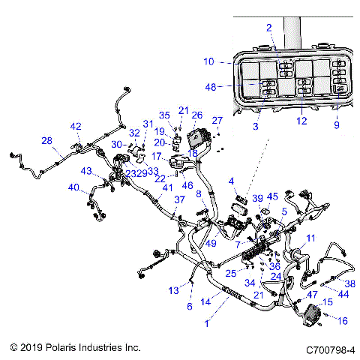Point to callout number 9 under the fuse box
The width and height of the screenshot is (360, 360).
coord(337,125)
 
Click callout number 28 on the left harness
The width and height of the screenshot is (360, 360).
coord(46,140)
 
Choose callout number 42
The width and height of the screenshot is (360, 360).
coord(76,126)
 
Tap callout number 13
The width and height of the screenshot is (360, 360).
coord(173,289)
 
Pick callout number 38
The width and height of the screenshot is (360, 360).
coord(349,283)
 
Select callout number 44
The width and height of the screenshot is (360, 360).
coord(343,296)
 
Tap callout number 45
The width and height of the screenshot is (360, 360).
coord(272,197)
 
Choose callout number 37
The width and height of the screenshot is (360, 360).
coord(179,199)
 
